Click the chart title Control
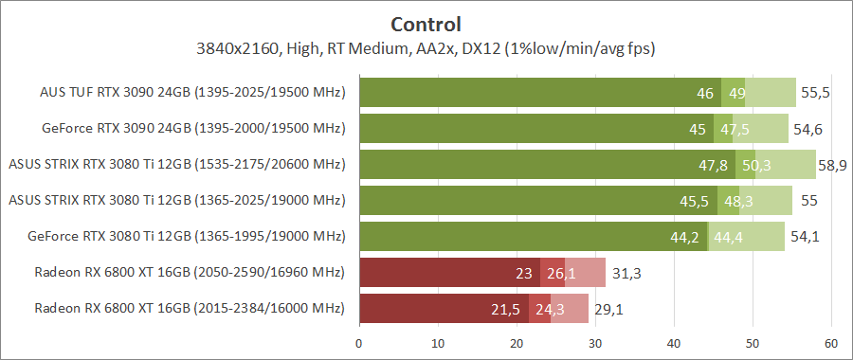point(426,24)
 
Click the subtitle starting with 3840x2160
point(426,47)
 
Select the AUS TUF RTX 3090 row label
point(192,93)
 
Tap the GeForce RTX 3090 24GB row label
point(193,128)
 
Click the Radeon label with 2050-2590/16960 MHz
point(190,273)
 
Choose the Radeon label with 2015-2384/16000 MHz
point(190,309)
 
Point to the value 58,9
point(832,165)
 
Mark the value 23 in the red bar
point(523,273)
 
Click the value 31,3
point(625,273)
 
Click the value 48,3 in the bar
point(739,201)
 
